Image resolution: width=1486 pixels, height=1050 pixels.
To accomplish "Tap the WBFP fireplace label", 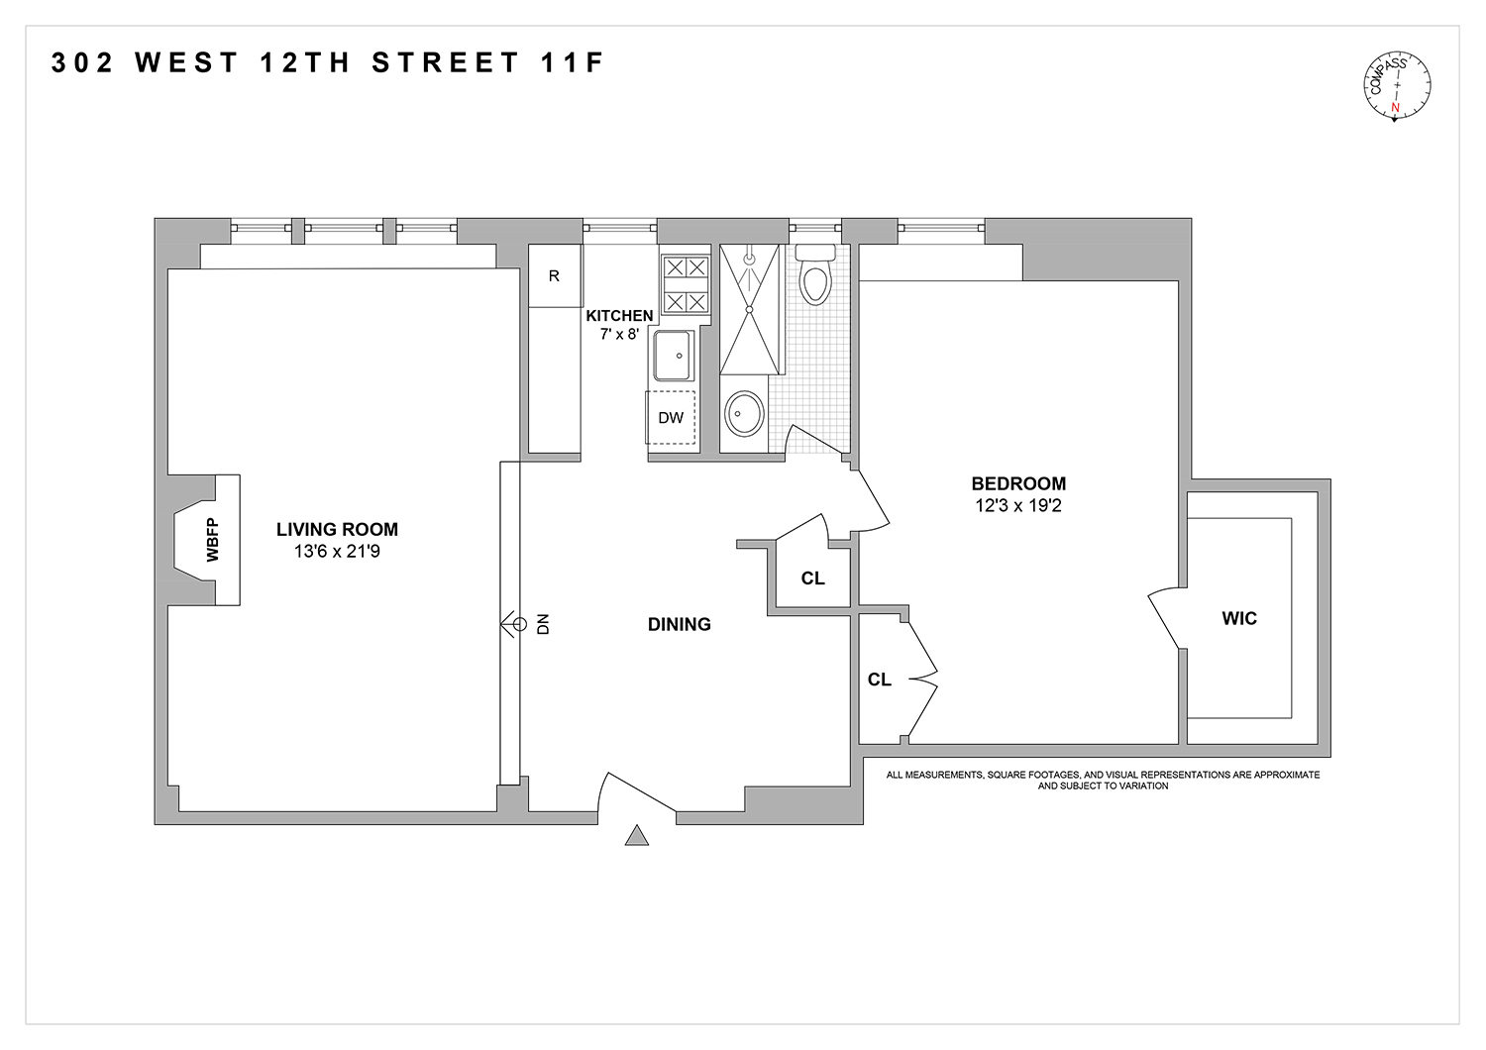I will [x=211, y=540].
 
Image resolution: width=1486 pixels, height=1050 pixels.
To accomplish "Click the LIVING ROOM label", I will [x=337, y=530].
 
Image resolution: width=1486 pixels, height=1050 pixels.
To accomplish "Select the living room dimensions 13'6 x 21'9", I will [x=337, y=552].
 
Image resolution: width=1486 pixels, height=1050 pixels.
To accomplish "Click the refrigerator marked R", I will [x=554, y=276].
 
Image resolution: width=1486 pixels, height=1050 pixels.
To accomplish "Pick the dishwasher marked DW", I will [x=671, y=418].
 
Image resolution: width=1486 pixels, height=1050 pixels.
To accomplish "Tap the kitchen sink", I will [x=674, y=355].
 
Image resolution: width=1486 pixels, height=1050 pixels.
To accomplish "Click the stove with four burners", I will [x=686, y=284].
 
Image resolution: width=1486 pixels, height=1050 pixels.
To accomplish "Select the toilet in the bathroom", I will [x=814, y=277].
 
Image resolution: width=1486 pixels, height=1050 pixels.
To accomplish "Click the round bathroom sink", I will [x=744, y=413].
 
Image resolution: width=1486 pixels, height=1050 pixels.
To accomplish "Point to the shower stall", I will [x=751, y=309].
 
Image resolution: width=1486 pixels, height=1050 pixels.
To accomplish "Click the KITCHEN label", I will [x=619, y=316].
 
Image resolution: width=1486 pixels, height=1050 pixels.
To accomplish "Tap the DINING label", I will [x=679, y=624].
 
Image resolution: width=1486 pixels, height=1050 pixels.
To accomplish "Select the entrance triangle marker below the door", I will [x=636, y=836].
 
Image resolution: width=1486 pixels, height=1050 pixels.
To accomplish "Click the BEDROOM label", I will [x=1018, y=483].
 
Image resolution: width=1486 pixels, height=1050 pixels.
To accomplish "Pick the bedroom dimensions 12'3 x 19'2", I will [x=1018, y=505].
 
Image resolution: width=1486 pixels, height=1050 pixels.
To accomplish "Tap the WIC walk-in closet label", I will [x=1239, y=618].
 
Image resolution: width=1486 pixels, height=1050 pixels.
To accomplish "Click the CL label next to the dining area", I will [x=812, y=578].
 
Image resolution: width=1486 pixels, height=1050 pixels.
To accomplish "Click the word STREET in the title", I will [x=446, y=63].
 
